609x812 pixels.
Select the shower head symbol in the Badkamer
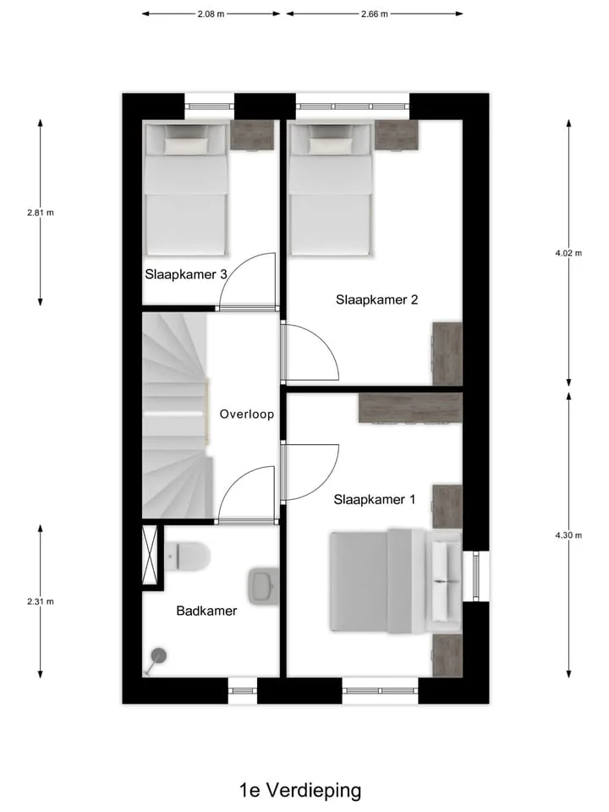pyautogui.click(x=157, y=656)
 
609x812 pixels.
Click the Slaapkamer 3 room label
pyautogui.click(x=186, y=274)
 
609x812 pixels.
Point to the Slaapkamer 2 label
pyautogui.click(x=376, y=299)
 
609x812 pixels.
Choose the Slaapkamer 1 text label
pyautogui.click(x=375, y=499)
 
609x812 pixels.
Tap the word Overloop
pyautogui.click(x=245, y=414)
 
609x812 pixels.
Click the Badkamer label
pyautogui.click(x=206, y=611)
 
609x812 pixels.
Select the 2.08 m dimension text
pyautogui.click(x=211, y=14)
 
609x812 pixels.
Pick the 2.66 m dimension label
pyautogui.click(x=374, y=14)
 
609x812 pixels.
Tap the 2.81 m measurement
pyautogui.click(x=41, y=213)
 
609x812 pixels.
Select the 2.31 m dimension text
pyautogui.click(x=41, y=601)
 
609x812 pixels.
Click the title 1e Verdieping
pyautogui.click(x=300, y=791)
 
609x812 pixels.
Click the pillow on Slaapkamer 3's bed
pyautogui.click(x=185, y=145)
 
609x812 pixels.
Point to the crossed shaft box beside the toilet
pyautogui.click(x=152, y=555)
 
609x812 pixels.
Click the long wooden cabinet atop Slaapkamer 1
pyautogui.click(x=410, y=408)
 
